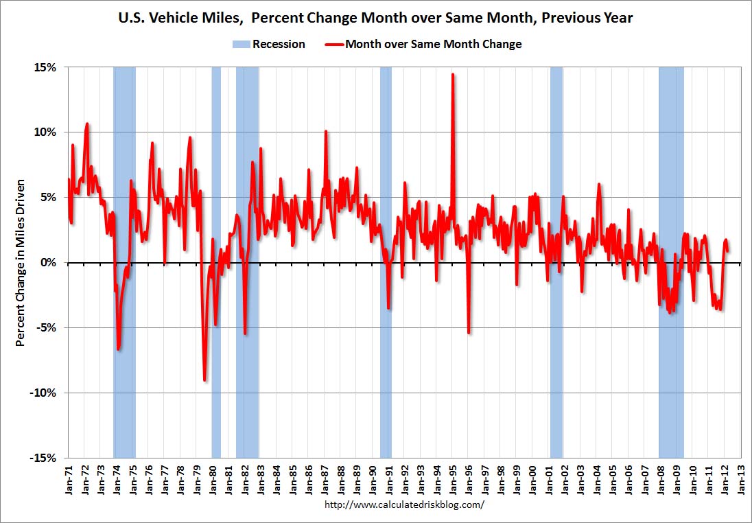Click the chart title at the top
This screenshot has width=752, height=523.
[376, 18]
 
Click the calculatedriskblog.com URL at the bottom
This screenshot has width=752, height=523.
[403, 504]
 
